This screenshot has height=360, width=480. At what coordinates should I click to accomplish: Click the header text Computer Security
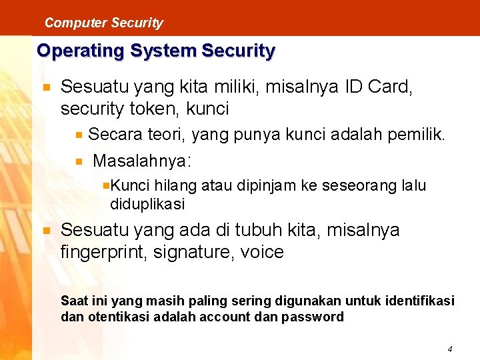pyautogui.click(x=103, y=23)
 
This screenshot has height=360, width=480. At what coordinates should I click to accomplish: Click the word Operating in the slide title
pyautogui.click(x=75, y=51)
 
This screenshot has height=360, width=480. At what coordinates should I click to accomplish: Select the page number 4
pyautogui.click(x=450, y=349)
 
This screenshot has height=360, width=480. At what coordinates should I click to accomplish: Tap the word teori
pyautogui.click(x=165, y=135)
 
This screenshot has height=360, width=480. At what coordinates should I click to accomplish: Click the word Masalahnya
pyautogui.click(x=141, y=161)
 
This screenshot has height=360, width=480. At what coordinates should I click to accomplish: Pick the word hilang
pyautogui.click(x=176, y=185)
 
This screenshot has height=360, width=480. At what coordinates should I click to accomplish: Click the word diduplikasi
pyautogui.click(x=147, y=203)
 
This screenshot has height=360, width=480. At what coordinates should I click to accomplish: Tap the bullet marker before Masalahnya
pyautogui.click(x=79, y=161)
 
